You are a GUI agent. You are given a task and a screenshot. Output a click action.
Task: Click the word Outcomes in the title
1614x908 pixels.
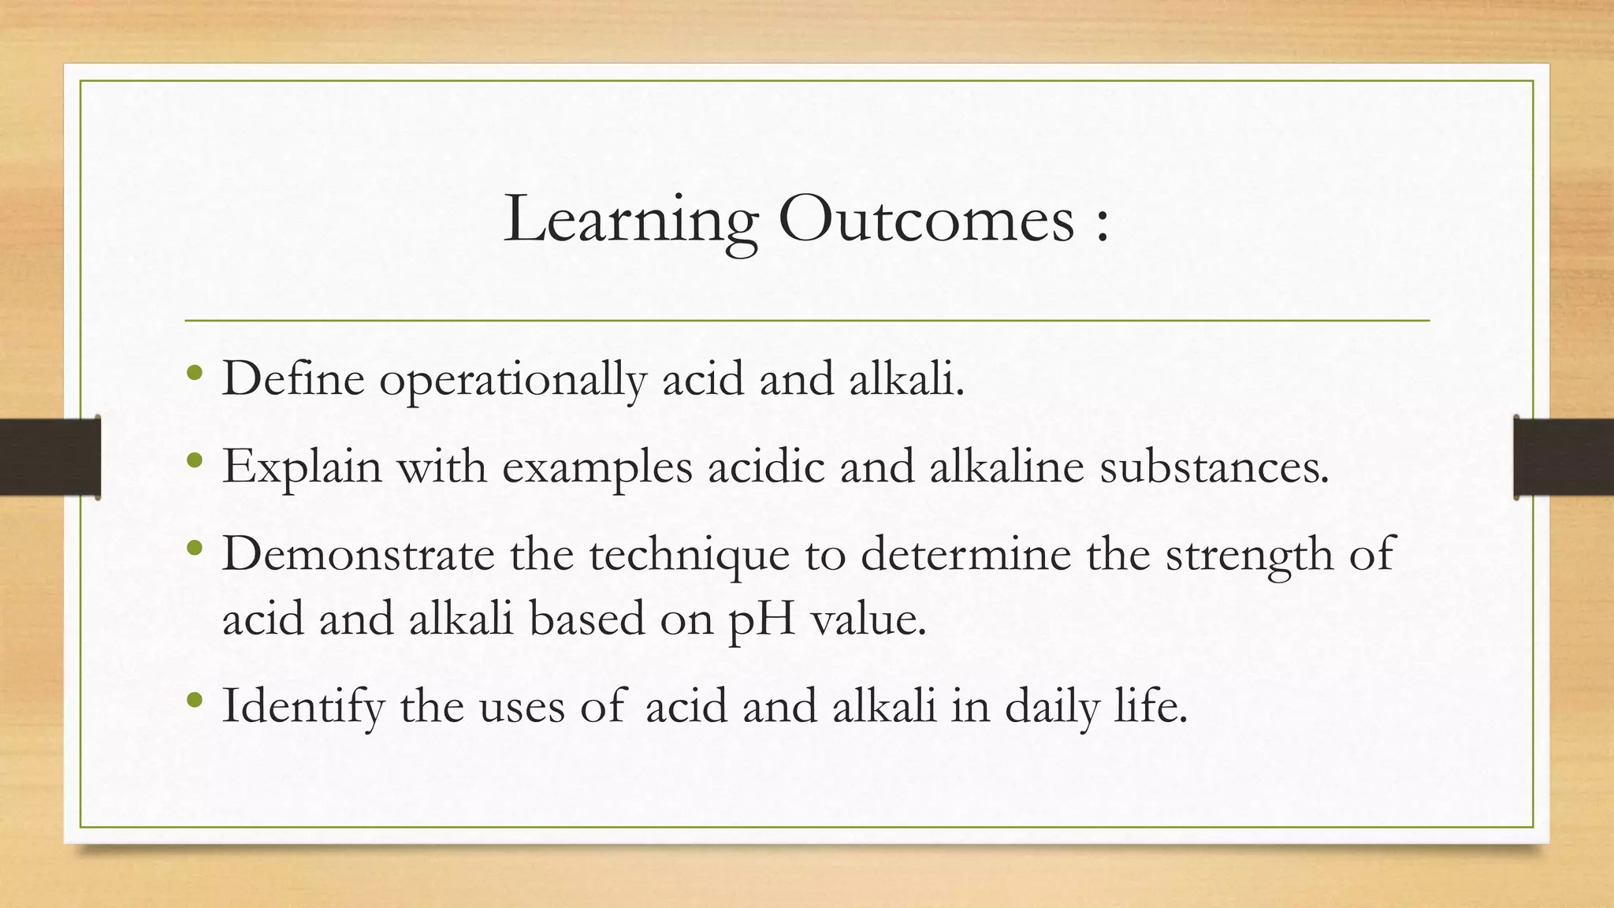point(927,219)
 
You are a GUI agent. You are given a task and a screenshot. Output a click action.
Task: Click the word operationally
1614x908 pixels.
point(512,380)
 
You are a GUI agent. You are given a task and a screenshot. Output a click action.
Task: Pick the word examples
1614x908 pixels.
point(597,467)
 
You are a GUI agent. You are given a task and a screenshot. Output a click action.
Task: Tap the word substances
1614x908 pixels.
point(1214,467)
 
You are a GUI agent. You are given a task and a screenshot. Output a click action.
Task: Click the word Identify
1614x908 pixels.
point(303,706)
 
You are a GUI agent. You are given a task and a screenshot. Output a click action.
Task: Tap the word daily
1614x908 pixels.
point(1051,706)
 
